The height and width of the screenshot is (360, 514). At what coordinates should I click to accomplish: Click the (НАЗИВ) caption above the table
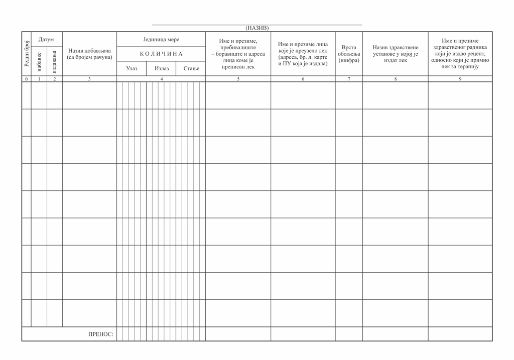tap(257, 28)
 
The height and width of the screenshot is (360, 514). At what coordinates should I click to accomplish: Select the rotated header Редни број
tap(27, 54)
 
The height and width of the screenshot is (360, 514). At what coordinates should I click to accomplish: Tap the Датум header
tap(46, 39)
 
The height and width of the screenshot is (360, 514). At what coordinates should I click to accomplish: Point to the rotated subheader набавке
tap(39, 61)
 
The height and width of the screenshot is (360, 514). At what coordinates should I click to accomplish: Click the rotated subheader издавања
tap(55, 61)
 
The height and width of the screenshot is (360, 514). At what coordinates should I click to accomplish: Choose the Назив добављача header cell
tap(89, 54)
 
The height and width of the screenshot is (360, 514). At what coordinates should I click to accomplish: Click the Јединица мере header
tap(161, 39)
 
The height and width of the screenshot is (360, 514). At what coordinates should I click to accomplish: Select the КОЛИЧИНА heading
tap(161, 54)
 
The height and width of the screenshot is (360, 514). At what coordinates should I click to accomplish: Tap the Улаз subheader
tap(132, 69)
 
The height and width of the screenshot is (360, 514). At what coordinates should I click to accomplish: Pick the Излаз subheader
tap(162, 69)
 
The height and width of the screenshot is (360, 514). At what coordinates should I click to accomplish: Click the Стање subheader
tap(191, 69)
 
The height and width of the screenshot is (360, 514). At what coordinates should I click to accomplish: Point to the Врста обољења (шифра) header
tap(349, 54)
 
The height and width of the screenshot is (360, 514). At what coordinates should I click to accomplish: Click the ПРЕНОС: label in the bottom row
tap(101, 334)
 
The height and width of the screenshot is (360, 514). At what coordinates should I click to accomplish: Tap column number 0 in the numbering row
tap(27, 79)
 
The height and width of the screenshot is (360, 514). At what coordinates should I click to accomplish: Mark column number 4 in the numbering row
tap(161, 79)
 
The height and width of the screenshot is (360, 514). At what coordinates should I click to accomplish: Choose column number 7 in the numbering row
tap(349, 79)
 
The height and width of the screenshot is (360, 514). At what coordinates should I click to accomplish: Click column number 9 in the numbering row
tap(460, 79)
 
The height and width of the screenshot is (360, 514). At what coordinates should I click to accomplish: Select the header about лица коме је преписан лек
tap(238, 54)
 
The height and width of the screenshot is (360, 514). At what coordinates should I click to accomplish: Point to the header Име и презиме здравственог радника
tap(460, 54)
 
